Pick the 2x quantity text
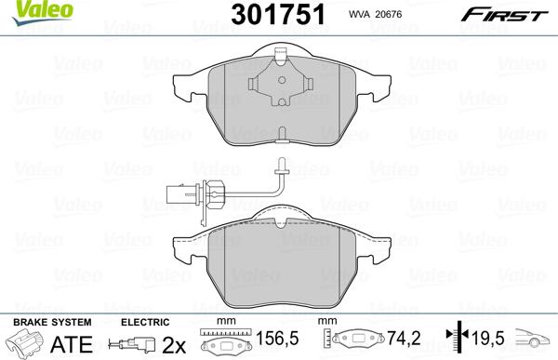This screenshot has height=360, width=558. (x=173, y=344)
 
